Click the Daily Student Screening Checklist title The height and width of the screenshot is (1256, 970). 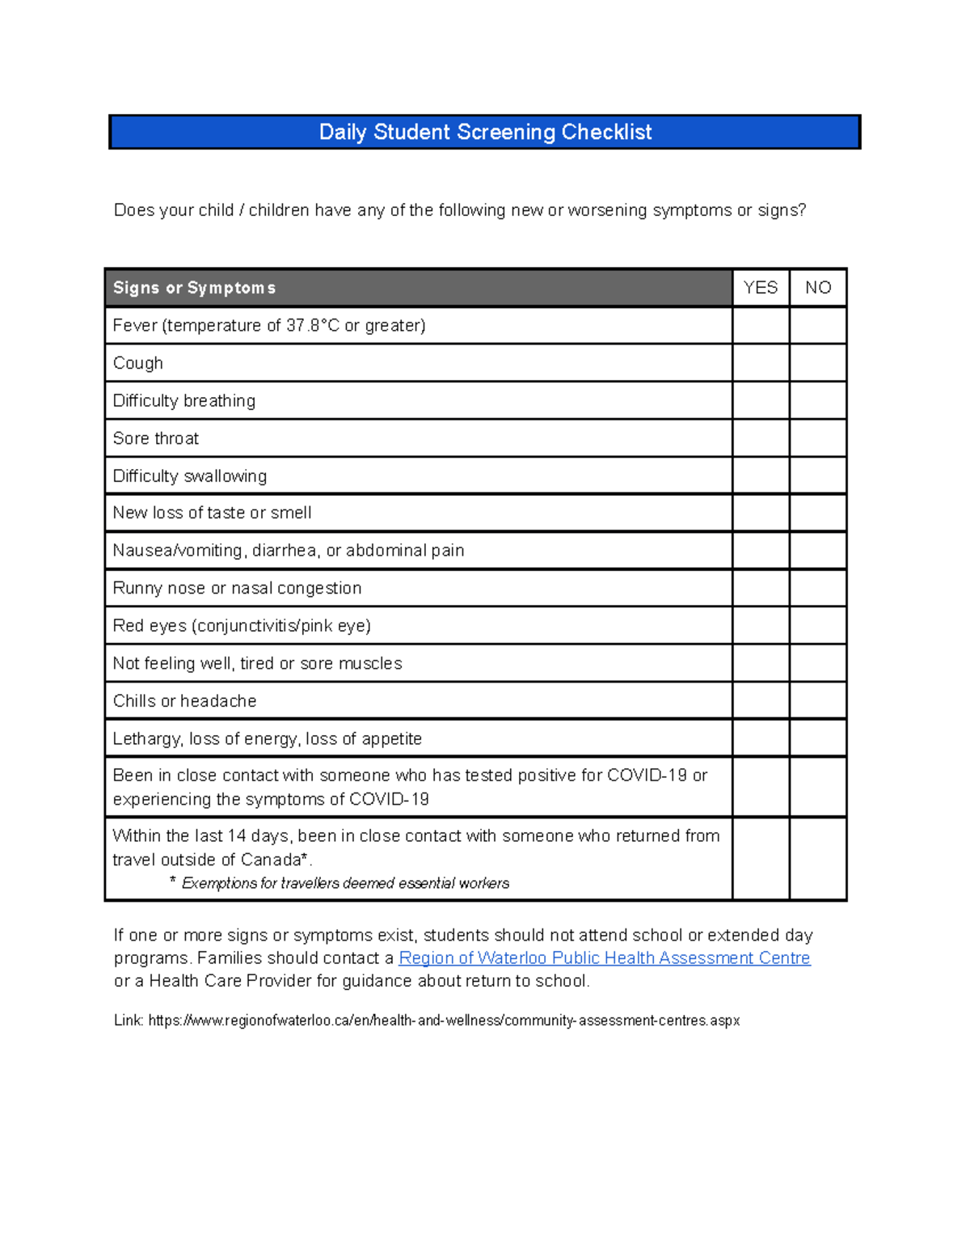point(485,132)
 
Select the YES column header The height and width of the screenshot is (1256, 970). point(761,288)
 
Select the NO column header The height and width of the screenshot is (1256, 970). point(818,288)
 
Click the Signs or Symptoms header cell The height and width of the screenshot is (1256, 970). point(194,288)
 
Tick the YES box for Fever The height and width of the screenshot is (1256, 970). point(761,325)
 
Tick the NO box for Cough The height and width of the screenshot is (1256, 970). point(818,363)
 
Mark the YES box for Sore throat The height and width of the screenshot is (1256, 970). point(761,438)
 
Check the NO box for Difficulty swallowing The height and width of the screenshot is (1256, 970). point(818,476)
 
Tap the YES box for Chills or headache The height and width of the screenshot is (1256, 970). point(761,700)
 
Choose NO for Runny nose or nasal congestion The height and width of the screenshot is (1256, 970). point(818,588)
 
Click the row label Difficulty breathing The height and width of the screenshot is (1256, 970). point(184,401)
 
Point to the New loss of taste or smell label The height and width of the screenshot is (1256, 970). point(212,513)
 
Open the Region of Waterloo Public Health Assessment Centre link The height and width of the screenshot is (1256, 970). point(604,958)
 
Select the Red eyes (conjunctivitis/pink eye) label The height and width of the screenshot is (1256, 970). point(242,626)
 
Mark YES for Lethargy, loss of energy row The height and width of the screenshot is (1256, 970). point(761,738)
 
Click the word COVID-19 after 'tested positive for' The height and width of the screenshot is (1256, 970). point(647,776)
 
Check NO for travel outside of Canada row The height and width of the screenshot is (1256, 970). point(818,859)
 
